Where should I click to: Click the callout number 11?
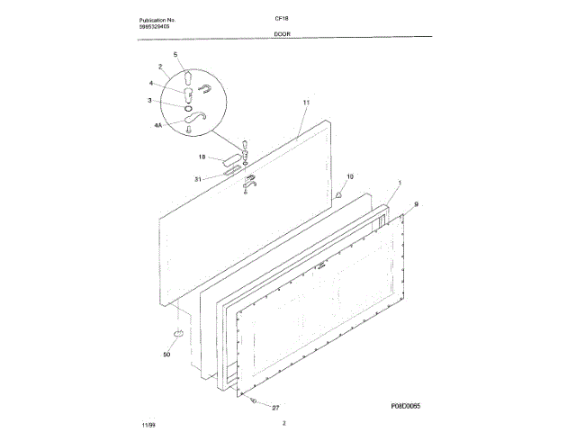[x=306, y=103]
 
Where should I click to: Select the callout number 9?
[x=416, y=204]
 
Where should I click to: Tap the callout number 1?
[x=400, y=183]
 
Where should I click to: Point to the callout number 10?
[x=350, y=176]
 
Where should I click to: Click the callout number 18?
[x=203, y=157]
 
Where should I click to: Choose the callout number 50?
[x=166, y=354]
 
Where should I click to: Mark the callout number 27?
[x=276, y=408]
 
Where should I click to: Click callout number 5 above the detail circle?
[x=175, y=56]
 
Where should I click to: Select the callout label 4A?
[x=157, y=127]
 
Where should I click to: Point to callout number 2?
[x=160, y=67]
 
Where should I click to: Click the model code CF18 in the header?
[x=293, y=19]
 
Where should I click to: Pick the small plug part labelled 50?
[x=177, y=335]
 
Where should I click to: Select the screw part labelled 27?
[x=255, y=401]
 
